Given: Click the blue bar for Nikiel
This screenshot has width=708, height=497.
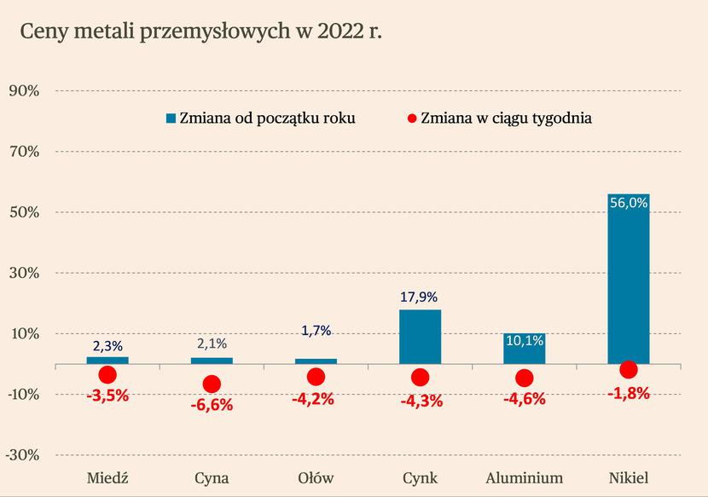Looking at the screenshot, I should coord(628,281).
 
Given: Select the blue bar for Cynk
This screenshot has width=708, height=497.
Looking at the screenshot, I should coord(420,337).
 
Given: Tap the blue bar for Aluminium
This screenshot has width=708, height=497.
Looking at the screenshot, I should coord(524,349).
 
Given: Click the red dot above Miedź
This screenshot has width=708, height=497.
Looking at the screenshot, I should coord(107,375).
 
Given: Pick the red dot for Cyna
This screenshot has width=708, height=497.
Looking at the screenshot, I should coord(212,384).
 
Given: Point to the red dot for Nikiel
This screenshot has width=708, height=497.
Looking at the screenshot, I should coord(629,369).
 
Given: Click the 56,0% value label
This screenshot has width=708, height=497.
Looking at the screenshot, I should coord(629,203).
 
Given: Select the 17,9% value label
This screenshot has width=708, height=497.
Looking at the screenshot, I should coord(420,298).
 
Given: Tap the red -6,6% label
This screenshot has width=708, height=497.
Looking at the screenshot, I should coord(212,404).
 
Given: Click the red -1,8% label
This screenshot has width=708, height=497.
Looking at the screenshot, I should coord(630,393).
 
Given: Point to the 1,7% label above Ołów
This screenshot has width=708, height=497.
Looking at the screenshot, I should coord(316,331).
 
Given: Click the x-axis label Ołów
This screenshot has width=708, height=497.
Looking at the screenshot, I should coord(316,477).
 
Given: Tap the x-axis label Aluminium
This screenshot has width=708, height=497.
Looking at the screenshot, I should coord(524,477).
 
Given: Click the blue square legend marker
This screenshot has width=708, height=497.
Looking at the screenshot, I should coord(171,118).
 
